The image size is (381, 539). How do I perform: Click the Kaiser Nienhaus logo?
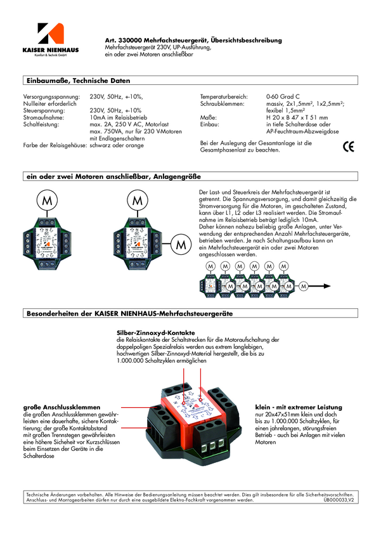[x=50, y=39]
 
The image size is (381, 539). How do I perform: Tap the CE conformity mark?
[x=348, y=146]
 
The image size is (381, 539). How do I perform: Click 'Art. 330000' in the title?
[x=124, y=40]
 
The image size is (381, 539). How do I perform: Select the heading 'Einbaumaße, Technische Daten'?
[x=77, y=81]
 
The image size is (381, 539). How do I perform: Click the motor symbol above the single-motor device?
[x=46, y=200]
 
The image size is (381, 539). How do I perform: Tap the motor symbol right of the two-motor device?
[x=181, y=244]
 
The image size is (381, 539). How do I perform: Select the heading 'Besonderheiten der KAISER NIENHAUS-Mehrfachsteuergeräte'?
[x=129, y=314]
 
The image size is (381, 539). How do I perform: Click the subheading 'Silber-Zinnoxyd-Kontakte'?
[x=155, y=332]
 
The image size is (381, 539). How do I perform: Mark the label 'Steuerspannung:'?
[x=45, y=110]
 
